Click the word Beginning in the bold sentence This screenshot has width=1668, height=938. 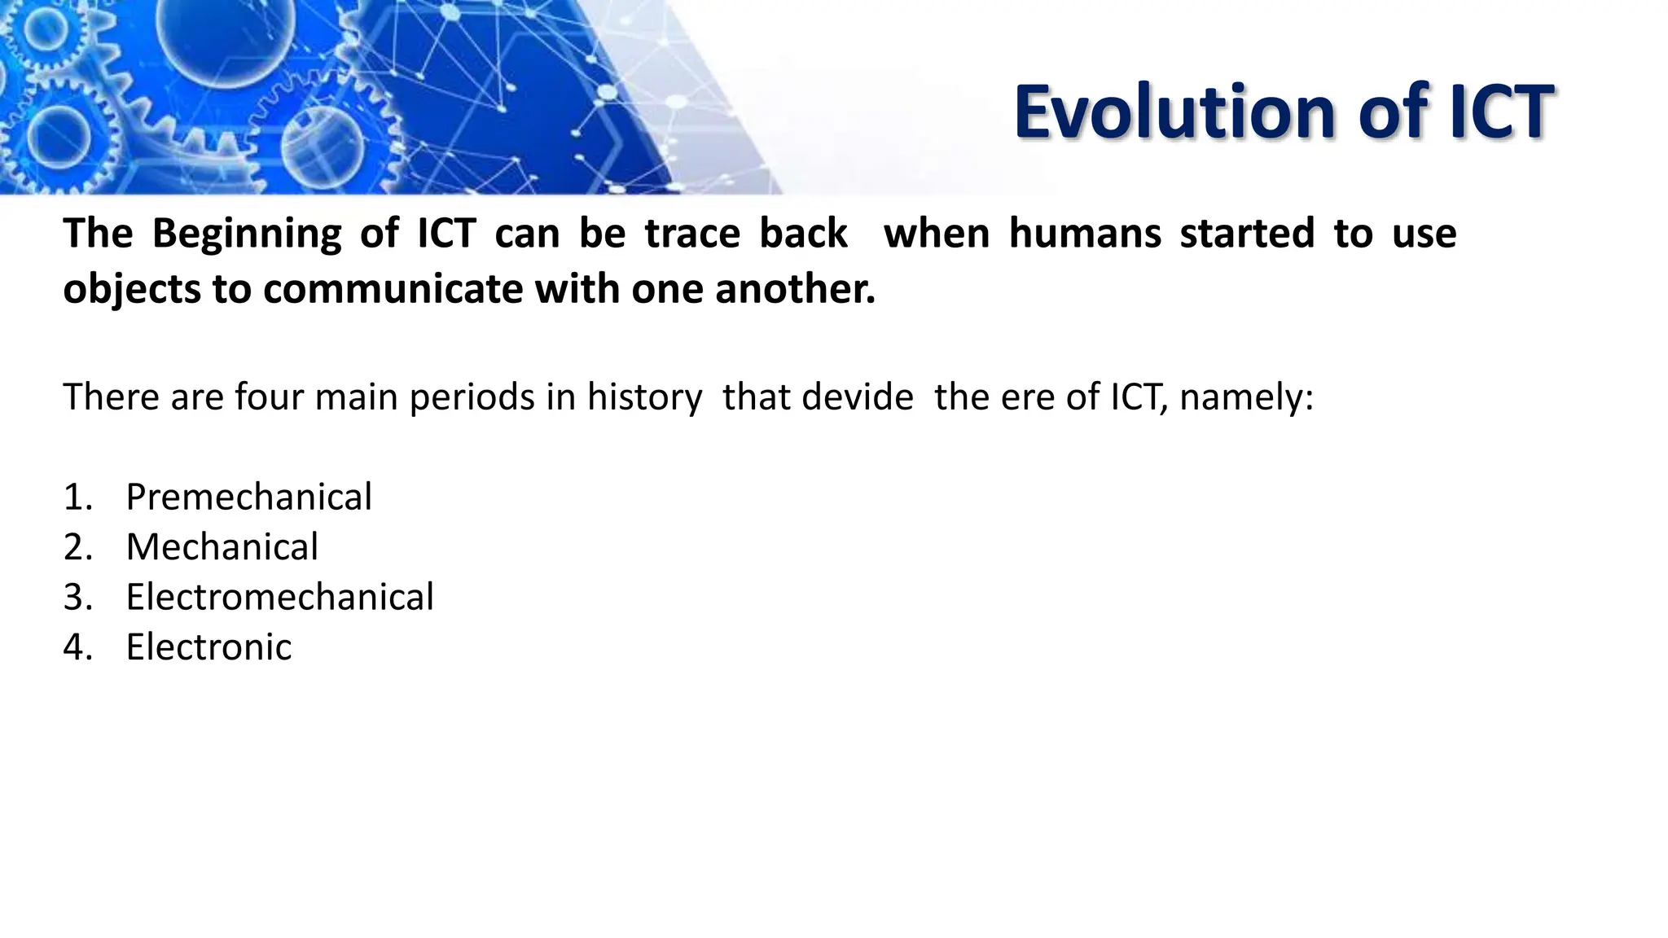point(247,234)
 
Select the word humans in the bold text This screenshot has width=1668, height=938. point(1084,234)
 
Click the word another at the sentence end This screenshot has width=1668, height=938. point(795,289)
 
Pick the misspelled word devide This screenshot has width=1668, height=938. point(857,397)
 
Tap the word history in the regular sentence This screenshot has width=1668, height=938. point(644,397)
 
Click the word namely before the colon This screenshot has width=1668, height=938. point(1244,397)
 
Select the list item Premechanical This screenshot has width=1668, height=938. point(248,497)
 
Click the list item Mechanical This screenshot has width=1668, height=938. point(222,546)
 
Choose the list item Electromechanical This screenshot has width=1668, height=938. point(279,597)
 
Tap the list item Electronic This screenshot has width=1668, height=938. point(208,647)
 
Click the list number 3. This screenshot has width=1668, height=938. point(74,597)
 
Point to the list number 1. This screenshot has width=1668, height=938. point(74,497)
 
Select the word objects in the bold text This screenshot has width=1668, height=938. point(130,289)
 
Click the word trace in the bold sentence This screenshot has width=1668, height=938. point(691,234)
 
